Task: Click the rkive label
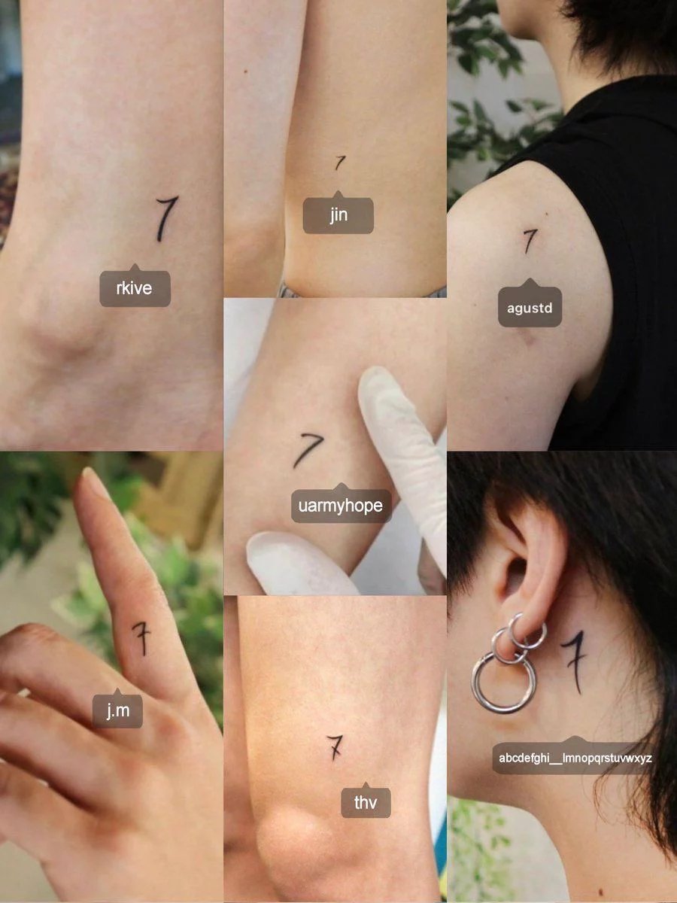point(135,288)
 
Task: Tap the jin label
point(338,214)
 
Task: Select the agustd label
point(530,307)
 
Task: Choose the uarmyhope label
point(341,505)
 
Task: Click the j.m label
point(117,710)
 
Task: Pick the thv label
point(366,802)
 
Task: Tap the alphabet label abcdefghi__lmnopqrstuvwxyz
point(575,758)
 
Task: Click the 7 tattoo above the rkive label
point(165,218)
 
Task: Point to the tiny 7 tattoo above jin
point(339,163)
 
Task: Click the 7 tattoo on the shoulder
point(530,241)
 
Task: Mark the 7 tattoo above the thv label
point(335,747)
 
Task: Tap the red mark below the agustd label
point(529,340)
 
